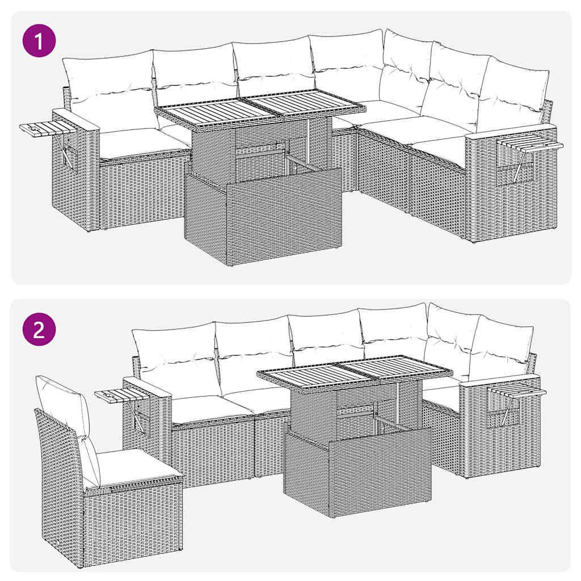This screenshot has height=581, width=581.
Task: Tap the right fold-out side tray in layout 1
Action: (531, 146)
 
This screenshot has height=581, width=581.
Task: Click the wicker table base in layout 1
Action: (264, 218)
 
